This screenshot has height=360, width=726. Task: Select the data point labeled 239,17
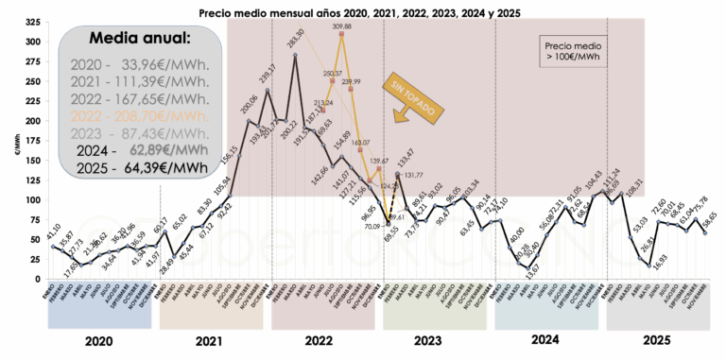[x=268, y=91]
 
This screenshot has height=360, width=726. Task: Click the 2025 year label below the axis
[x=656, y=341]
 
